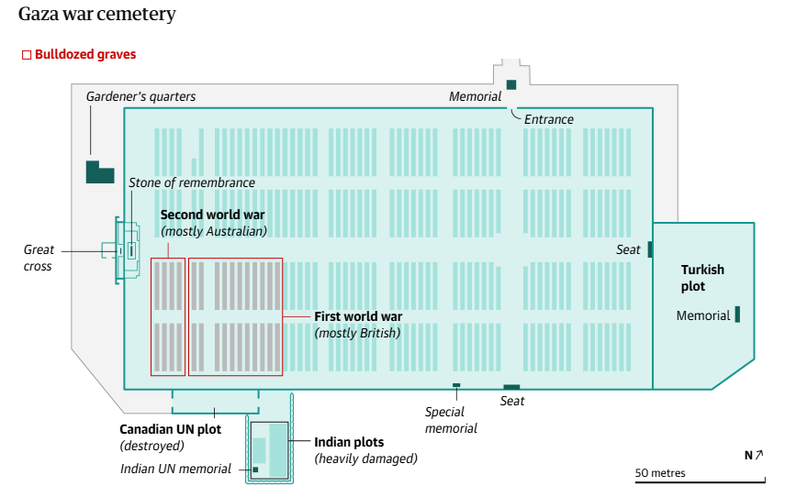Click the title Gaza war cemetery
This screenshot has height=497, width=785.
[97, 14]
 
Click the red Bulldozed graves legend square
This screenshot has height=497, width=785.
[27, 54]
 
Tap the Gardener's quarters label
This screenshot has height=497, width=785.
[140, 96]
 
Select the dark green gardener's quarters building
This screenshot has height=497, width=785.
[100, 172]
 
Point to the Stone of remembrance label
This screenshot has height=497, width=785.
[192, 183]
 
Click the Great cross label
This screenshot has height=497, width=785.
[39, 258]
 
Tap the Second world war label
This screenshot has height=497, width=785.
[212, 215]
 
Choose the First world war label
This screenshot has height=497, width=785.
[358, 316]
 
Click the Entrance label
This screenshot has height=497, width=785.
[549, 119]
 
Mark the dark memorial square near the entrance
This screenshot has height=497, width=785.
[511, 84]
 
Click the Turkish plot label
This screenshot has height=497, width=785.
[702, 278]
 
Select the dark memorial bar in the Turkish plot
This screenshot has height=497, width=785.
[737, 315]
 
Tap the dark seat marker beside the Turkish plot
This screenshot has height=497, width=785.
[650, 249]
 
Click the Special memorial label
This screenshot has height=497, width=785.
[451, 420]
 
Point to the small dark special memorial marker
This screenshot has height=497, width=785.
[456, 385]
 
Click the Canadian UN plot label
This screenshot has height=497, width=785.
[170, 429]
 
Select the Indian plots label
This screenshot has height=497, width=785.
[349, 442]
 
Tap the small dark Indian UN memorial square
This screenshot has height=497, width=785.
[255, 470]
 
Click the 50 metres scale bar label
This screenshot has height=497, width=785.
[660, 473]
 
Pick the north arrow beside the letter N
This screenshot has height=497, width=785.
[759, 455]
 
